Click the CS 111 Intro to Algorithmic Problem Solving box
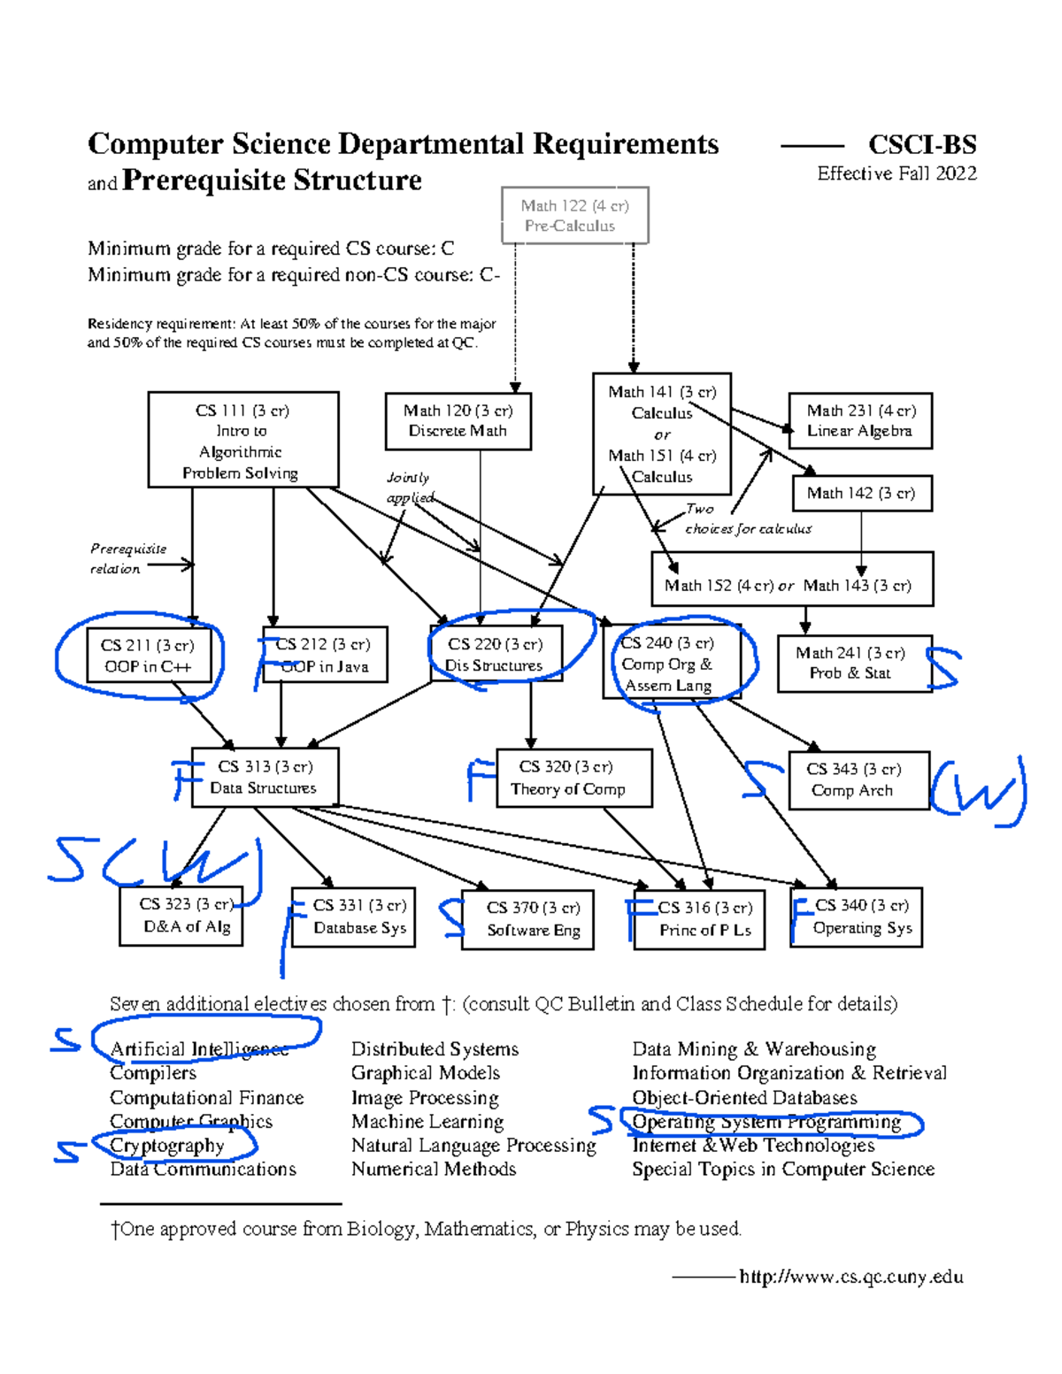[242, 440]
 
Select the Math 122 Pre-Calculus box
[574, 215]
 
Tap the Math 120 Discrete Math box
[458, 421]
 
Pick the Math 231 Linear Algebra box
[860, 421]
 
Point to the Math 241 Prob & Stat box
[853, 664]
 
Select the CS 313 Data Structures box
[265, 778]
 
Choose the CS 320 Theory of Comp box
[573, 779]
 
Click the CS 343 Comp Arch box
[858, 780]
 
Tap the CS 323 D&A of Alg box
[181, 916]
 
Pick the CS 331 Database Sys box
[353, 917]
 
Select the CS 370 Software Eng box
[527, 919]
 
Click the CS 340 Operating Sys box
[856, 917]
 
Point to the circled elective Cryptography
[167, 1146]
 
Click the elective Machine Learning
[427, 1122]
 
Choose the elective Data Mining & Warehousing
[754, 1049]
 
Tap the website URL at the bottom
[850, 1277]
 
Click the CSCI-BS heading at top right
[922, 144]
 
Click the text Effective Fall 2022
[897, 173]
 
